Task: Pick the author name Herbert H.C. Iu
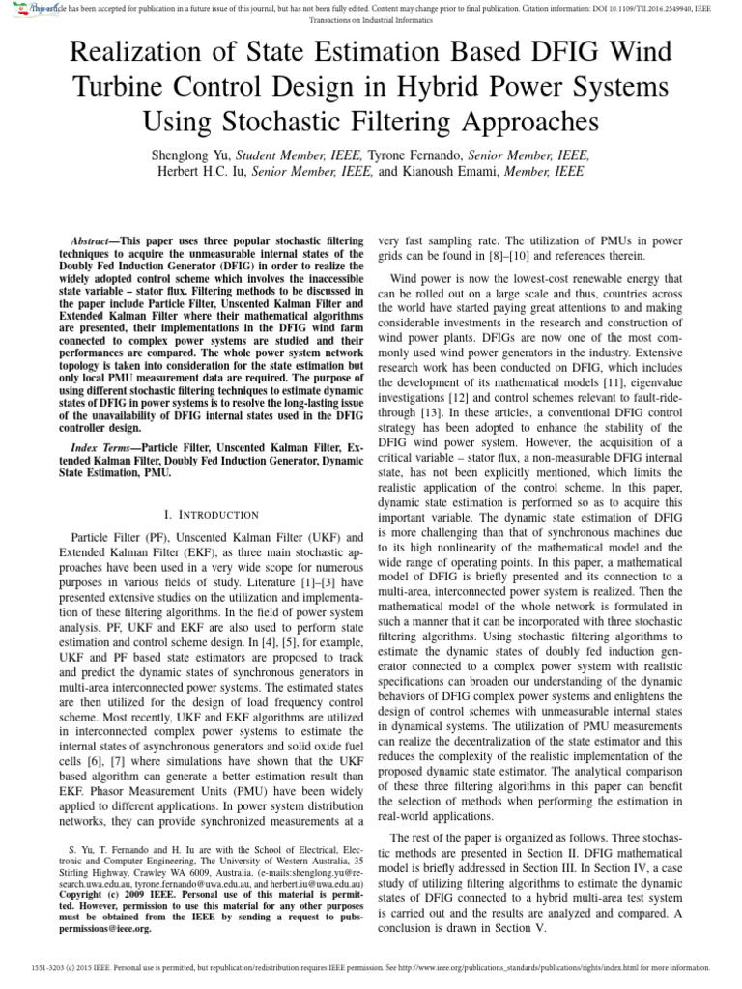(202, 172)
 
